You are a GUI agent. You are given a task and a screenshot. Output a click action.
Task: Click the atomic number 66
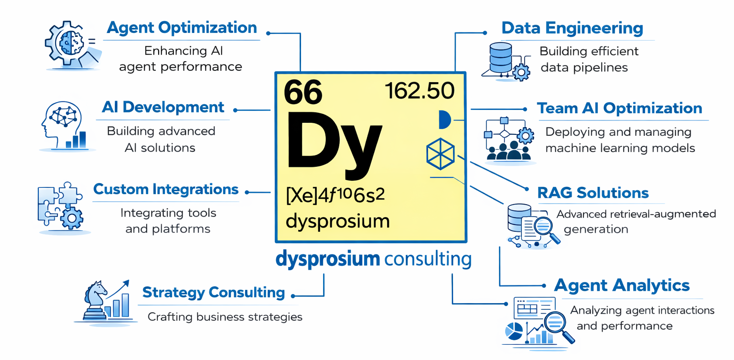coord(303,92)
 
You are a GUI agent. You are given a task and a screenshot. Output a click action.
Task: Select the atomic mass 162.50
coord(420,91)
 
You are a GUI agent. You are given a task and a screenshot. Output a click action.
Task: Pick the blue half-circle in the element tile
coord(444,119)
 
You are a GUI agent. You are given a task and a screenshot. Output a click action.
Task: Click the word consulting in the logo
coord(428,259)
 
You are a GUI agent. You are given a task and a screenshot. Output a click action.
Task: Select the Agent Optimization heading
coord(182,28)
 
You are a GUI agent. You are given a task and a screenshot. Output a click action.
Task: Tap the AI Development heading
coord(163,107)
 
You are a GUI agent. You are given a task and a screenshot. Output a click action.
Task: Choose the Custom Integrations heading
coord(166,189)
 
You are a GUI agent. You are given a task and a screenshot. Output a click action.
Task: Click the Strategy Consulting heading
coord(214,292)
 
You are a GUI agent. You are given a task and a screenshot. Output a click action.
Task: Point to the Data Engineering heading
coord(572,28)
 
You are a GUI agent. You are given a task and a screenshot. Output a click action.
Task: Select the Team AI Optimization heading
coord(619,108)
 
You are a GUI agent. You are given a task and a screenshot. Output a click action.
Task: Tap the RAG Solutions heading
coord(593,193)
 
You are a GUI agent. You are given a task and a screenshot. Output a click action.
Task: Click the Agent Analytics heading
coord(622,285)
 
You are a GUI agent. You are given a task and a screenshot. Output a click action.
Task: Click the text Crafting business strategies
coord(225,316)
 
